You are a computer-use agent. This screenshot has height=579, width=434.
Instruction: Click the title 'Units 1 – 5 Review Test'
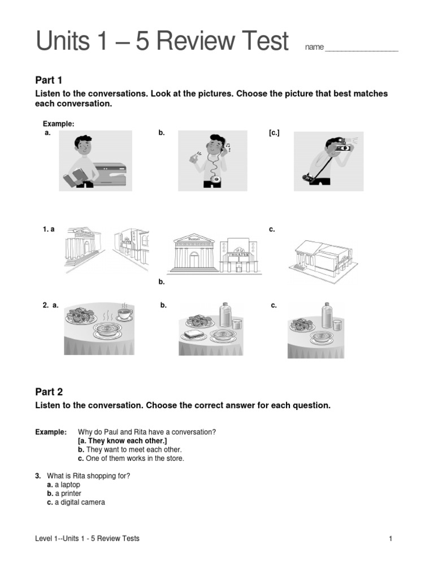coord(162,42)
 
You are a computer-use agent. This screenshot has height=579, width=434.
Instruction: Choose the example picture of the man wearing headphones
coord(213,161)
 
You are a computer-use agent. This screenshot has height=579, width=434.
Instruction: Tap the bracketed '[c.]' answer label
coord(274,133)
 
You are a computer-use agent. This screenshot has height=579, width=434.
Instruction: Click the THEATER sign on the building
coord(238,255)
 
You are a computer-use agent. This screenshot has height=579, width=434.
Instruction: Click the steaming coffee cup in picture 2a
coord(123,314)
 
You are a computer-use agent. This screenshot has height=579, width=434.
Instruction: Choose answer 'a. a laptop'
coord(64,485)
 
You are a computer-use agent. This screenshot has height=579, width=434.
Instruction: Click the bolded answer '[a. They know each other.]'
coord(123,440)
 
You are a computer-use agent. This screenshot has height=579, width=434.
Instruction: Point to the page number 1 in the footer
coord(390,538)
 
